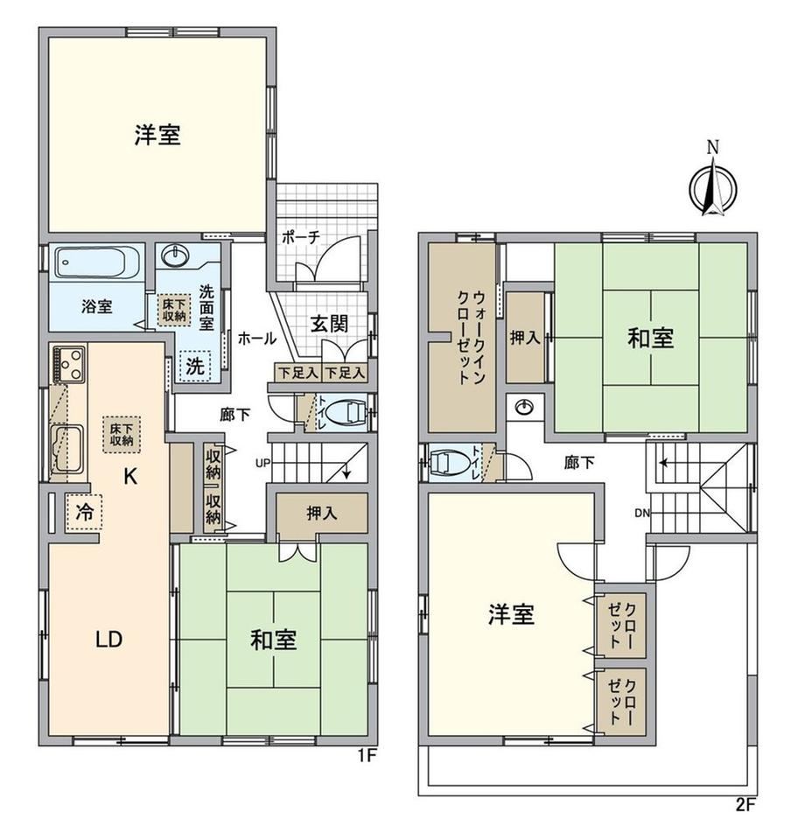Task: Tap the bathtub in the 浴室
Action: click(97, 262)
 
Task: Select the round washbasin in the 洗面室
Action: click(176, 255)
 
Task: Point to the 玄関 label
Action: click(329, 324)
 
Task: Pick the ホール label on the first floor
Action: click(256, 338)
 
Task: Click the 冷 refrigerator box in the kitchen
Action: click(83, 512)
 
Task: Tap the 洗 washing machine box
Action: click(195, 367)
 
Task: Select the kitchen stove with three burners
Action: click(68, 365)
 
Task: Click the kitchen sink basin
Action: click(68, 449)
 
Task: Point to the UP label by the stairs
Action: click(263, 463)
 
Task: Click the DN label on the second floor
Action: click(642, 514)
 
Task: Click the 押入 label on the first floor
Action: click(321, 514)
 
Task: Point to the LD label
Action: click(108, 639)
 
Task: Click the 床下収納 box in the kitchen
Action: click(122, 435)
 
